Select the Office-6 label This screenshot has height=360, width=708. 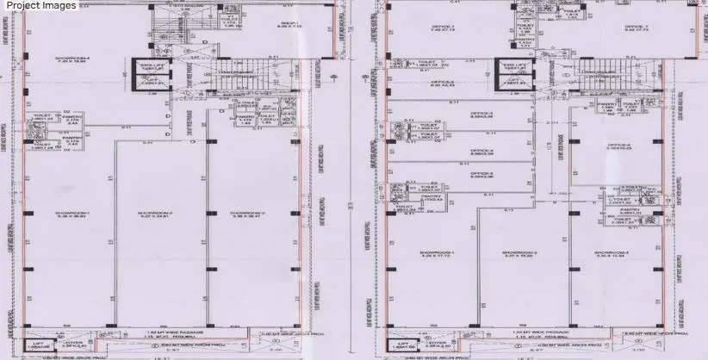pyautogui.click(x=618, y=145)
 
